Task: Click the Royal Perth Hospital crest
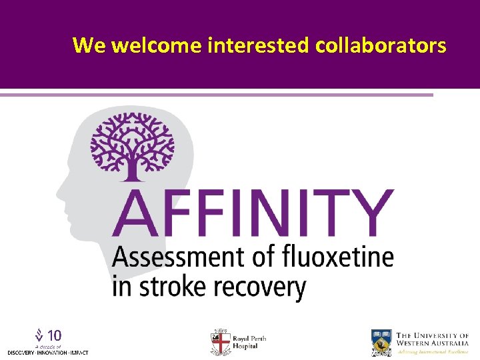pyautogui.click(x=220, y=342)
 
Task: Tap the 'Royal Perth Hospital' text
pyautogui.click(x=249, y=343)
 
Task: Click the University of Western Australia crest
pyautogui.click(x=382, y=342)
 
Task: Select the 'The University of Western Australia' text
pyautogui.click(x=432, y=339)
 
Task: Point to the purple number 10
pyautogui.click(x=55, y=335)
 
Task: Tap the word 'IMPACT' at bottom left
pyautogui.click(x=79, y=352)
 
